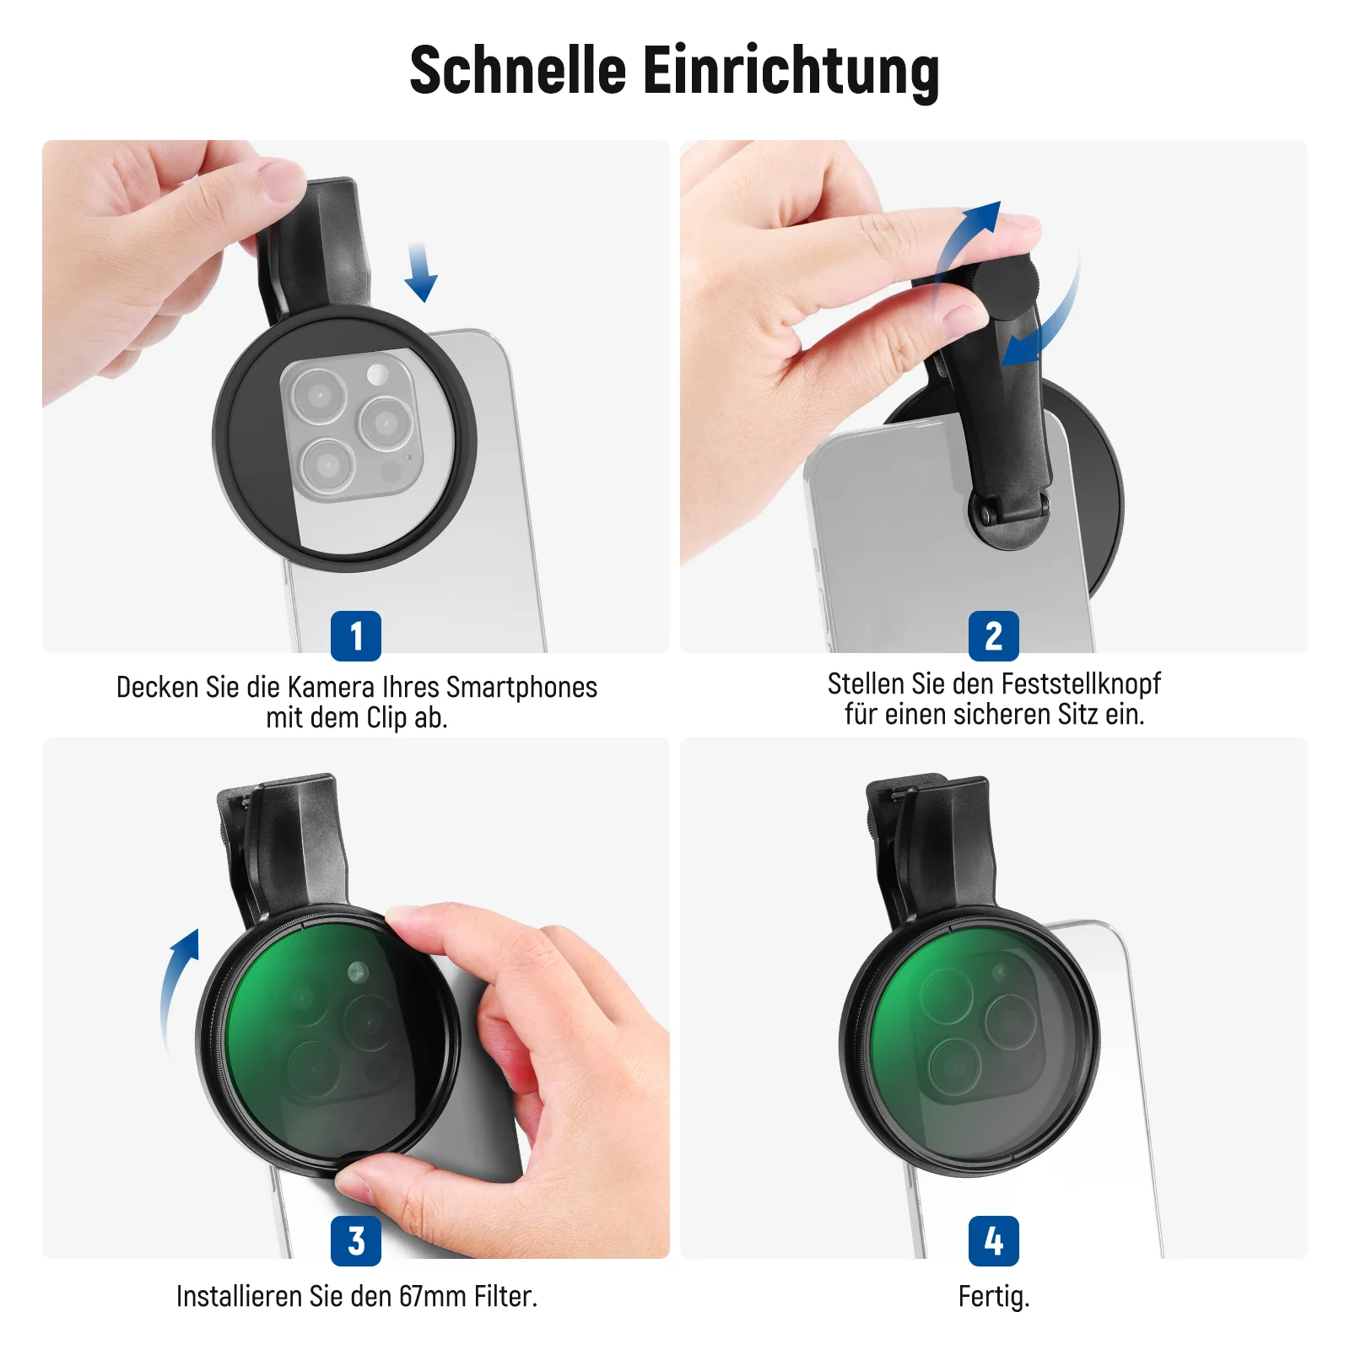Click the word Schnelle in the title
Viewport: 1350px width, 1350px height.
click(517, 70)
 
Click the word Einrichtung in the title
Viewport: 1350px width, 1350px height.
click(791, 72)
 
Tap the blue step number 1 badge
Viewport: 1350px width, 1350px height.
click(356, 636)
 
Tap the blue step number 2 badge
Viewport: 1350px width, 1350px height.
click(994, 636)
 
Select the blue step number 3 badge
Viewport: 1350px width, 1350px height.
click(356, 1241)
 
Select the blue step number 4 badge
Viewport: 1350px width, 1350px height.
click(994, 1241)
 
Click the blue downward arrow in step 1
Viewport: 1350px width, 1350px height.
click(420, 272)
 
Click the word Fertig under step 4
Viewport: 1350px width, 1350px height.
click(994, 1297)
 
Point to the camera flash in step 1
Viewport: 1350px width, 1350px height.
click(377, 373)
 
